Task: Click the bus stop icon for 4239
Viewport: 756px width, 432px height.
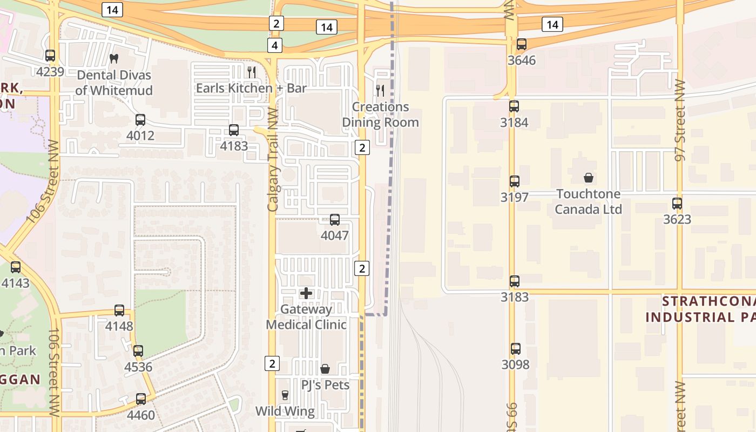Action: tap(50, 55)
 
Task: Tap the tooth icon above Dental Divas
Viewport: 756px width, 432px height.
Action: tap(113, 58)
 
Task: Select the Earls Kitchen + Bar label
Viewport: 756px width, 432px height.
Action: tap(251, 88)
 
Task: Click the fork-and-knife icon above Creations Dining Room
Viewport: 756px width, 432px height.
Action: tap(380, 90)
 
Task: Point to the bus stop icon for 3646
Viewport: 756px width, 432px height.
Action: tap(521, 44)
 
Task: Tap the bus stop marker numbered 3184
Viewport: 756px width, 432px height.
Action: tap(514, 106)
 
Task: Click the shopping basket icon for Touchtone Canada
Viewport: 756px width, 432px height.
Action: tap(589, 177)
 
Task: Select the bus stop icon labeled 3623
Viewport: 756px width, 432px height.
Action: tap(677, 204)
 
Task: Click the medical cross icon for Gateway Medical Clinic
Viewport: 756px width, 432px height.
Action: tap(306, 293)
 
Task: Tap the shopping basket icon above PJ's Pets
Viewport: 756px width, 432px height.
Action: tap(325, 369)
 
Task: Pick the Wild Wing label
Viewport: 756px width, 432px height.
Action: tap(285, 411)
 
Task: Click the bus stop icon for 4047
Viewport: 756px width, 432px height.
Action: tap(335, 220)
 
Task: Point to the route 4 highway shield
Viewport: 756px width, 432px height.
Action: tap(275, 45)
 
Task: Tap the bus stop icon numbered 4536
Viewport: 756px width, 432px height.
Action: tap(138, 351)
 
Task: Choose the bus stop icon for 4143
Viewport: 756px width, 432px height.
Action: tap(16, 267)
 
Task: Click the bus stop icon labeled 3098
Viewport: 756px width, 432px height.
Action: tap(516, 349)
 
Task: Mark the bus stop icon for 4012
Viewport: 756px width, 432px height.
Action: tap(140, 120)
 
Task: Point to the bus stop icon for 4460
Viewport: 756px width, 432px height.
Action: tap(141, 399)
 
